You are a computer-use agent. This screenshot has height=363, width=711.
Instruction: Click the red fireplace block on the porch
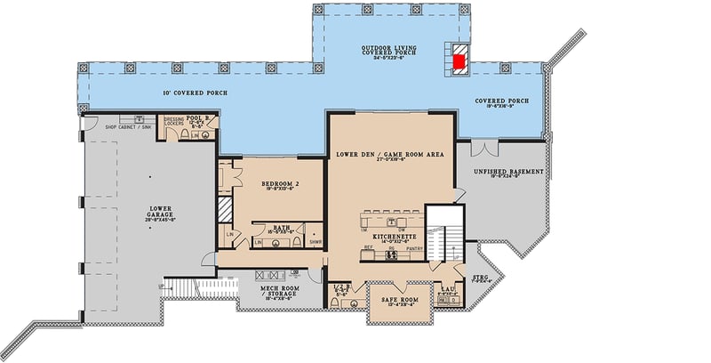point(459,61)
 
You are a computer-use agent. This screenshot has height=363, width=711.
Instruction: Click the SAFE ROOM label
point(398,300)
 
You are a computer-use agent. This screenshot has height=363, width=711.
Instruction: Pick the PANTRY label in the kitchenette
point(415,249)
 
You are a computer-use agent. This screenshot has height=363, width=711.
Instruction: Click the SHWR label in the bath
point(315,241)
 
